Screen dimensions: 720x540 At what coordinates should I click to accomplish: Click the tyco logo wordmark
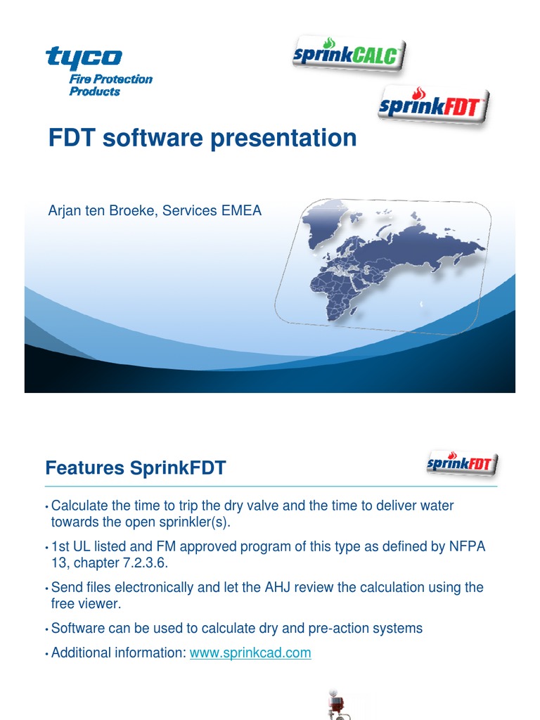(x=84, y=57)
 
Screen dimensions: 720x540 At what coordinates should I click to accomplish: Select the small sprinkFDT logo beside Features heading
(x=462, y=464)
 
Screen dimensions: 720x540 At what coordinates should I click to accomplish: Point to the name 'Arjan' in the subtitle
(x=65, y=210)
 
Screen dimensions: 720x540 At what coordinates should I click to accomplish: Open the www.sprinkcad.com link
(x=250, y=652)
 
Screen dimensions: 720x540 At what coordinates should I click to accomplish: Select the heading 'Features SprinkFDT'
(x=135, y=468)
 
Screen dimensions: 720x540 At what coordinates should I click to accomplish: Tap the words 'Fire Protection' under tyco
(x=110, y=79)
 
